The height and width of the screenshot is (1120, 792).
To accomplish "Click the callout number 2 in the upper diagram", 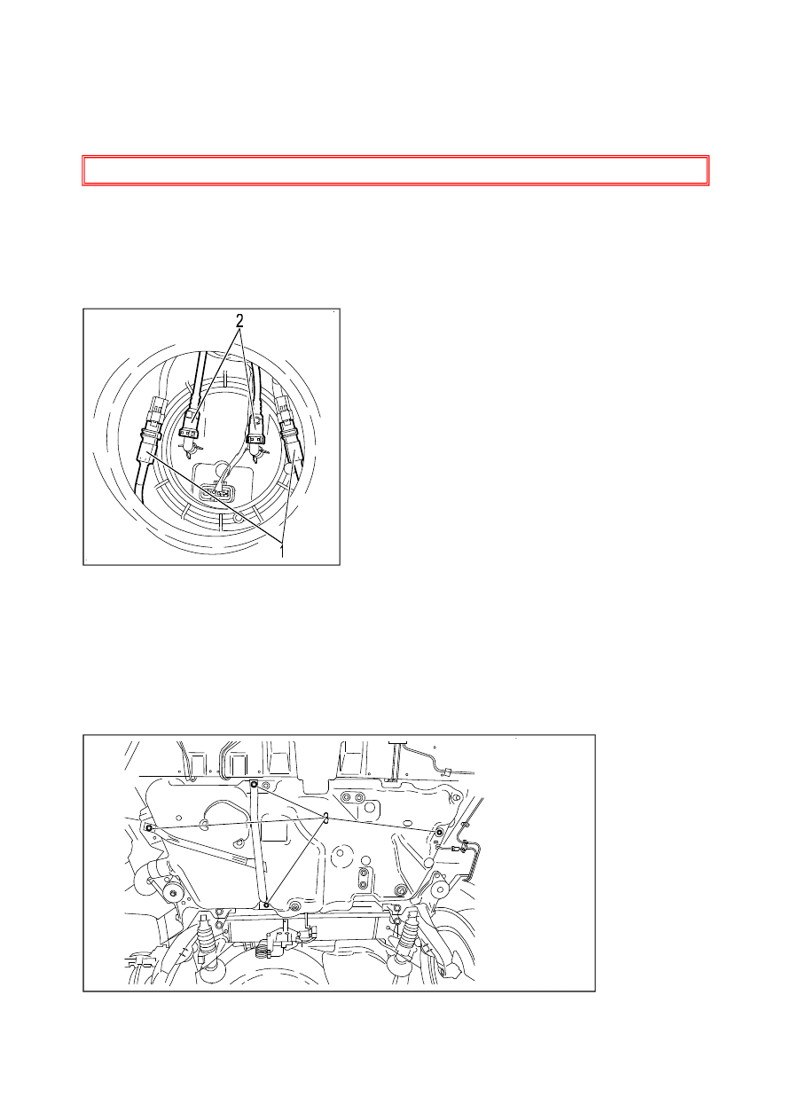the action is (240, 320).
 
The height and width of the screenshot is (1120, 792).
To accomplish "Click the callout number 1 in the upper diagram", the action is (282, 551).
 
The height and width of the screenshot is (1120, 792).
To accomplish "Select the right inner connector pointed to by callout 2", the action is (256, 430).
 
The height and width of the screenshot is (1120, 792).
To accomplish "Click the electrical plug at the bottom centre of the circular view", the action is (216, 492).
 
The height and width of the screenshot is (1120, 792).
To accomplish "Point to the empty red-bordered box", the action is (396, 170).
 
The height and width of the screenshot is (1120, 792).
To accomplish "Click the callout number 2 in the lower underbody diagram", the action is (326, 818).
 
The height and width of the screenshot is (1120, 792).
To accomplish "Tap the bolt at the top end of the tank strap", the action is (255, 784).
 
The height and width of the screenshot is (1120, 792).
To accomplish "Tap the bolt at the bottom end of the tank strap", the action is (266, 905).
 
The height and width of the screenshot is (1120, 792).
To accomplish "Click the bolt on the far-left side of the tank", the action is (148, 828).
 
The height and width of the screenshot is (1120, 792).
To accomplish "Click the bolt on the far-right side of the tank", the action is (440, 832).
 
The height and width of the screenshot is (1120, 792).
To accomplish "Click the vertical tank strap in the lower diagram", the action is (260, 844).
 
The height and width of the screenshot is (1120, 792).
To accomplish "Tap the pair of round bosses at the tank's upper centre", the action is (352, 796).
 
